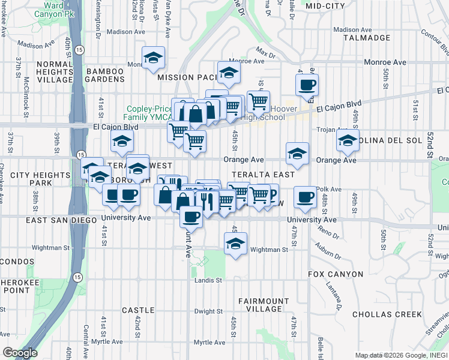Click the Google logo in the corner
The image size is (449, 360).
(20, 353)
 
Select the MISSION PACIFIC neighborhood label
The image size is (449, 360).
(187, 77)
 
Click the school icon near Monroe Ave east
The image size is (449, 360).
(229, 74)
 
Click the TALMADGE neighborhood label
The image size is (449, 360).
(366, 38)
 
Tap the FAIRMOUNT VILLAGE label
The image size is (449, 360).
(264, 305)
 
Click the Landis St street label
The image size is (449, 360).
(208, 280)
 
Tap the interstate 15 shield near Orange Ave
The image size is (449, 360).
(80, 155)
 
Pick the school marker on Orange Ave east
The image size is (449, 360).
(297, 154)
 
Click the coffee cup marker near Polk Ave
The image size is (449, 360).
(306, 197)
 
